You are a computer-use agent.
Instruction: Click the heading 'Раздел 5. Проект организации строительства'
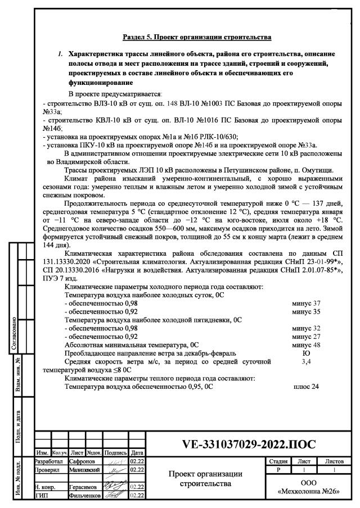(x=197, y=37)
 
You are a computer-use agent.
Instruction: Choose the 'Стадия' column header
(x=274, y=461)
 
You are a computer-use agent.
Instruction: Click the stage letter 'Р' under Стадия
(x=274, y=469)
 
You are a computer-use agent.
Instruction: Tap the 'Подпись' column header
(x=116, y=452)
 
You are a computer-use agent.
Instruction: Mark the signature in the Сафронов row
(x=116, y=461)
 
